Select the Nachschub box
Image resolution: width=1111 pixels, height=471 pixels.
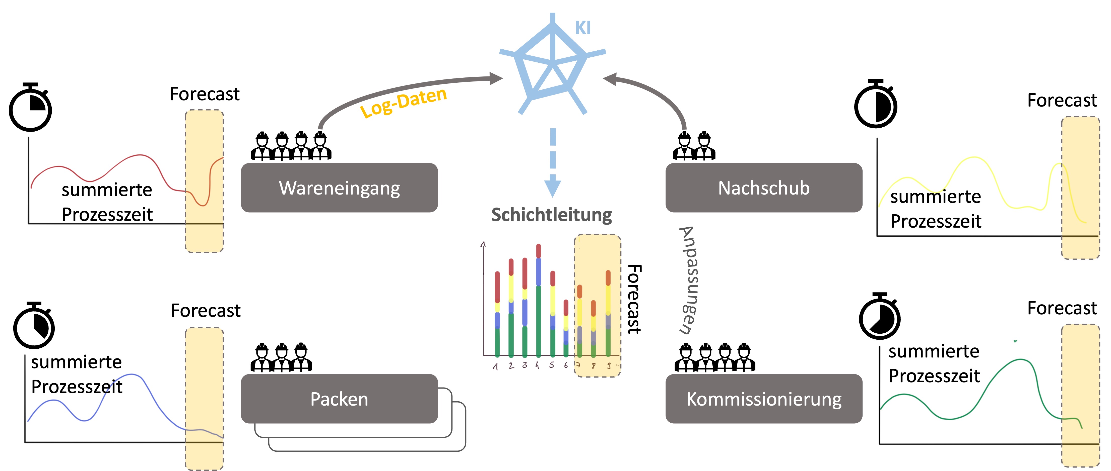tap(764, 187)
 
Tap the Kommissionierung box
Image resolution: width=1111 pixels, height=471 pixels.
tap(764, 399)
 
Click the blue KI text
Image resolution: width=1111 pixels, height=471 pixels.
tap(583, 28)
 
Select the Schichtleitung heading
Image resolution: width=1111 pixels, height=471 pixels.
tap(552, 215)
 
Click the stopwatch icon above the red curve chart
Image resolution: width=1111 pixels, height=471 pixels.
tap(30, 107)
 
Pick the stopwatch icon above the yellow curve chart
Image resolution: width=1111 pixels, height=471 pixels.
tap(876, 104)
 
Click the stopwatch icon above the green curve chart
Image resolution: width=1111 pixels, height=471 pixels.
tap(880, 316)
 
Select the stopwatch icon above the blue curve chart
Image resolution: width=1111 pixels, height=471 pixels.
tap(34, 325)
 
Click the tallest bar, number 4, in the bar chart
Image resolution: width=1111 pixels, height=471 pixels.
tap(538, 300)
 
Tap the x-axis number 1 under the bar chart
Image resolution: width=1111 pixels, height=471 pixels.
tap(496, 366)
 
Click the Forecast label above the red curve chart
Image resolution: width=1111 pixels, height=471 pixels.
tap(205, 94)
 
